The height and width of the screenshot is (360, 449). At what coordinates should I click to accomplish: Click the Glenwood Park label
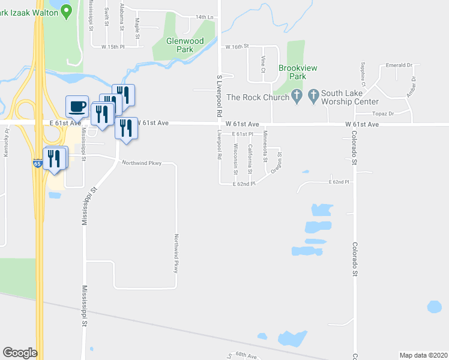point(185,46)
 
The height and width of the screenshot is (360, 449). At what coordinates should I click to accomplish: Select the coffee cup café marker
point(77,107)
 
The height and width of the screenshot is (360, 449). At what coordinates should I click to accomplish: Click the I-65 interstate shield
point(38,163)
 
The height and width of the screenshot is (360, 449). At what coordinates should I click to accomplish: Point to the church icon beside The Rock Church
point(297,95)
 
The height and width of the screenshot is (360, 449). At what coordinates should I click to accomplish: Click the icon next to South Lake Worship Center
point(313,95)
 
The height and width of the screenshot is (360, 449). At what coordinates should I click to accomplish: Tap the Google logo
point(20,353)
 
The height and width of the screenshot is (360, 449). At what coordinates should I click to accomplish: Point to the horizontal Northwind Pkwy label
point(142,163)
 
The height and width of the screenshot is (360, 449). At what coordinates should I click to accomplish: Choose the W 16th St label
point(237,46)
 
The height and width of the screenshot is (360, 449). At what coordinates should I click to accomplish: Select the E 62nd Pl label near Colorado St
point(339,181)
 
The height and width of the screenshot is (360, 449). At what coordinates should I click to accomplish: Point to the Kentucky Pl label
point(7,143)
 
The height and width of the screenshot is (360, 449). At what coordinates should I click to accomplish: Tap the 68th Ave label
point(246,356)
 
